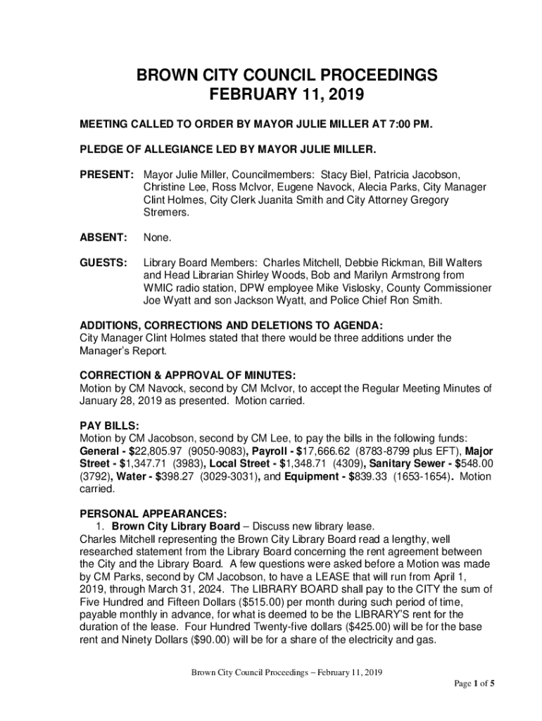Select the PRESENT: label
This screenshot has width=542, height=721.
[106, 173]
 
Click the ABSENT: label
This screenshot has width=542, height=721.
[103, 237]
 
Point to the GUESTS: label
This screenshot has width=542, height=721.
[103, 263]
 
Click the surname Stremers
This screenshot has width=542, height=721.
[166, 212]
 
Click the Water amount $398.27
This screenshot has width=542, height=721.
[168, 477]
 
